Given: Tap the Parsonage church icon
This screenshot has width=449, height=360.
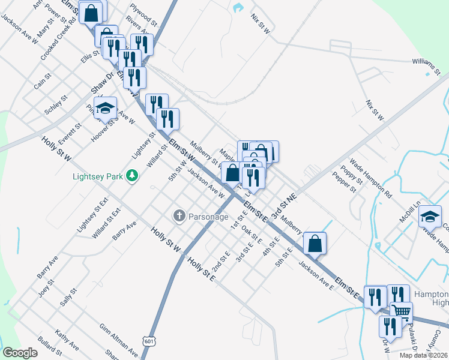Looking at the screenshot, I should [179, 215].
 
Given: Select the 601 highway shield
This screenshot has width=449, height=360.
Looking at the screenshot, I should [149, 341].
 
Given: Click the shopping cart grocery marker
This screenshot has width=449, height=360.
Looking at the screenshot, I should [401, 311].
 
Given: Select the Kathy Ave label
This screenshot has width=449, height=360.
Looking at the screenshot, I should [66, 340].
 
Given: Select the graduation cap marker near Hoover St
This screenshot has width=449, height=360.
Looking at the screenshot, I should [105, 108].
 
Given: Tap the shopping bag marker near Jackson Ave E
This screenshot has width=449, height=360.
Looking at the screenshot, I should [315, 243].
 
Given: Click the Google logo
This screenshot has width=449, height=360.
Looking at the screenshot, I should [20, 353].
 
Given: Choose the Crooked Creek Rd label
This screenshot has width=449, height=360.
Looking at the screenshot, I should [58, 38].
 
